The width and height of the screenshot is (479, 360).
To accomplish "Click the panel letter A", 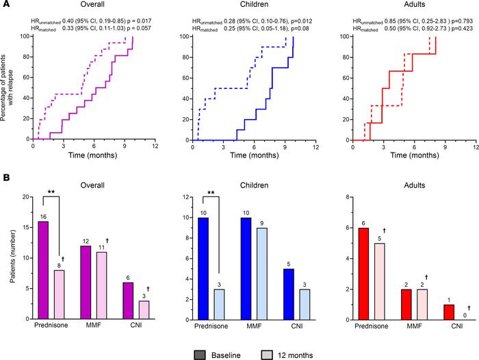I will (x=5, y=5).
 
